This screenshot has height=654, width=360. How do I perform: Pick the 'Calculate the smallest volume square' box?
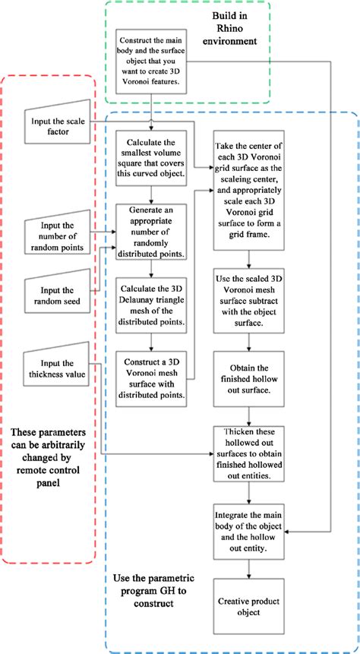[152, 156]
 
